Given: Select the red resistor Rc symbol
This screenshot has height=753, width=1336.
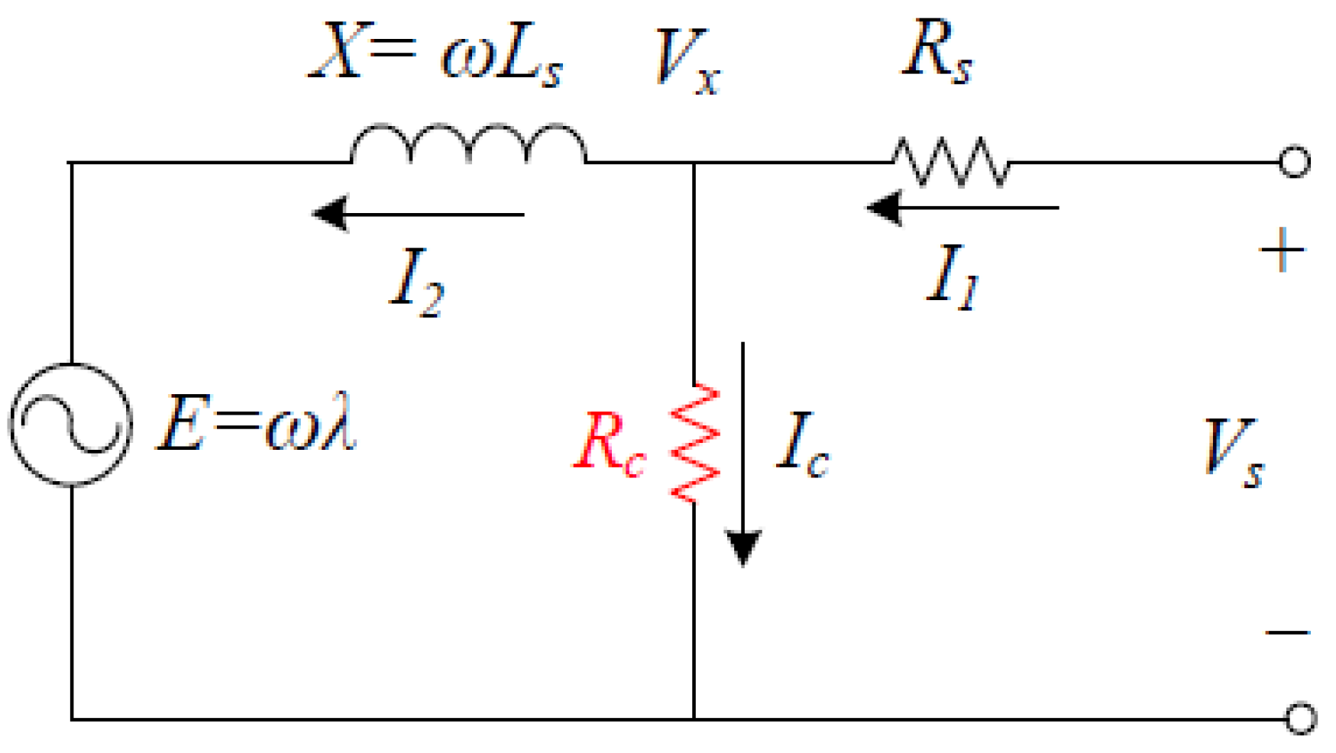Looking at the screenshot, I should (x=694, y=443).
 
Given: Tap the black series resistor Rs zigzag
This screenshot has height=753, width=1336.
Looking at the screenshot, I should (x=951, y=162).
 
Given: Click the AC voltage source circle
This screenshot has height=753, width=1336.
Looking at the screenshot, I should (x=71, y=425).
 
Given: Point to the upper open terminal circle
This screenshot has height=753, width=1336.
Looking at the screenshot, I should (x=1295, y=162).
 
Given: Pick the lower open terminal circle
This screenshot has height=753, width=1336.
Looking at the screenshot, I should (x=1300, y=719).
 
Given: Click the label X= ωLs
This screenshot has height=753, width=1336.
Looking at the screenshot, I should (x=435, y=53).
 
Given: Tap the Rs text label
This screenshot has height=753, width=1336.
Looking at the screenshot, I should (x=937, y=52).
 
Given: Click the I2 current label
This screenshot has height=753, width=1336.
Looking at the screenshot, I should (x=416, y=283).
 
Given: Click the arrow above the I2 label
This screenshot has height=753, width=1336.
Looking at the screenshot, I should (x=418, y=214).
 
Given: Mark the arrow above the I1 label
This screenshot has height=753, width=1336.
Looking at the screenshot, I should (x=962, y=207).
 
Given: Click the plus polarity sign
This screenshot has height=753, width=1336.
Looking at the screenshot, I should (x=1283, y=250).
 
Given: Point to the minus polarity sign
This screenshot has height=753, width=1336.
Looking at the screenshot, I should (x=1288, y=632).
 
